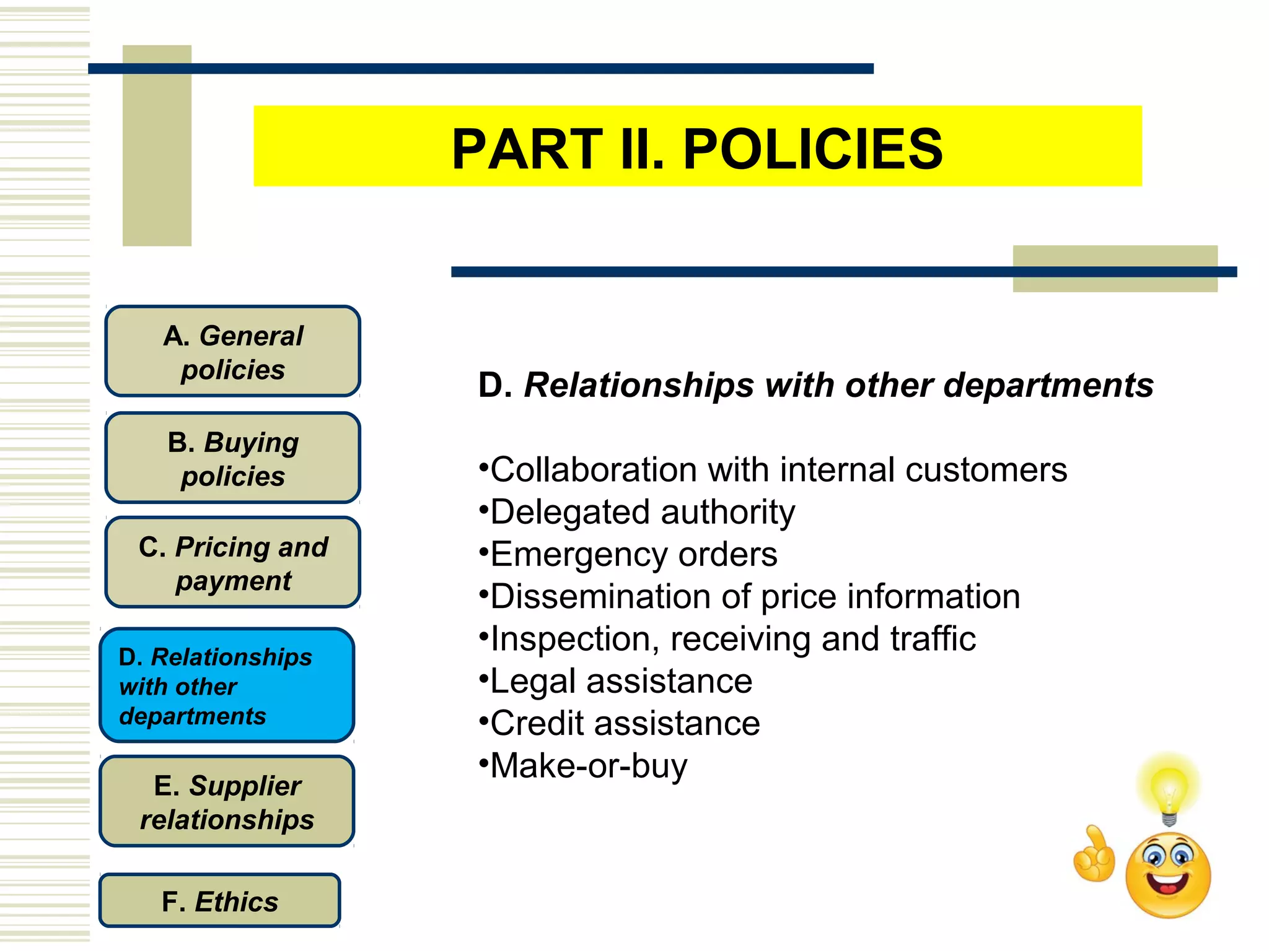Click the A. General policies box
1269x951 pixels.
tap(232, 352)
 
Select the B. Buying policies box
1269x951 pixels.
tap(232, 458)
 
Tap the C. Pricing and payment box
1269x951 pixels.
tap(232, 563)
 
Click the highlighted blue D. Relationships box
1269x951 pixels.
tap(227, 685)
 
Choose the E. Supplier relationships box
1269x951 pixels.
tap(227, 802)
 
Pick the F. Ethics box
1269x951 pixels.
tap(219, 901)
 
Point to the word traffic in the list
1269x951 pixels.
tap(933, 639)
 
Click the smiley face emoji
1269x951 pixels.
tap(1168, 874)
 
